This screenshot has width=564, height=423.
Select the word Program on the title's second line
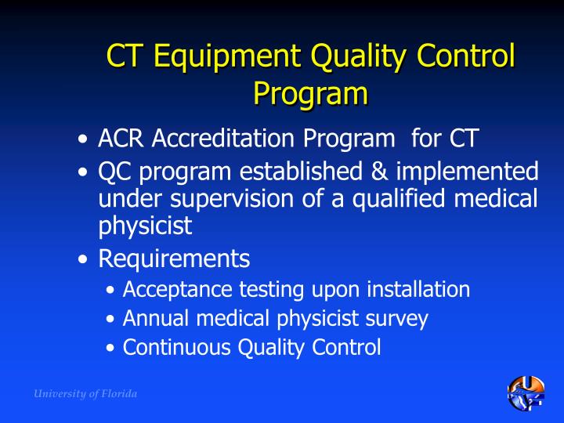[x=310, y=93]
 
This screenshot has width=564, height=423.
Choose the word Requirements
[x=174, y=258]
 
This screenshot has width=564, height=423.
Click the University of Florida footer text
[x=85, y=394]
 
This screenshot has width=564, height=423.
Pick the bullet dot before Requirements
[x=83, y=259]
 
